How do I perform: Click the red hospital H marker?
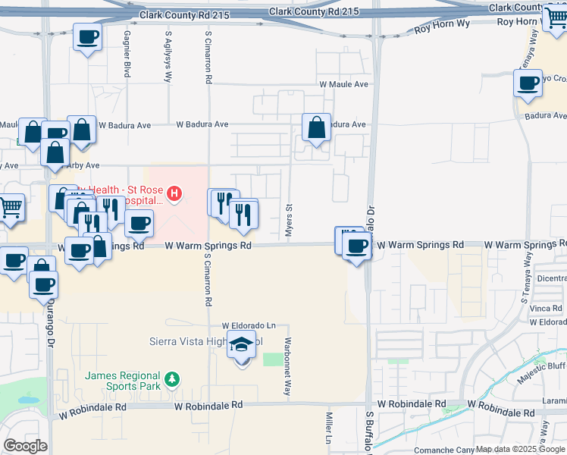175,194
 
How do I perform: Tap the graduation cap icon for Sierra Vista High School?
242,346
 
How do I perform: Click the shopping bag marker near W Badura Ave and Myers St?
316,127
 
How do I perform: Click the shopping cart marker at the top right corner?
556,18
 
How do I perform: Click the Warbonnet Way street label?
287,367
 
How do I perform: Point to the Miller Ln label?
329,433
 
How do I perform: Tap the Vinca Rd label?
546,309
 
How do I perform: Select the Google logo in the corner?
25,446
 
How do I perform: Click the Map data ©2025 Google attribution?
520,449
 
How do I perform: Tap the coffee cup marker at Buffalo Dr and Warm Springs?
356,246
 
